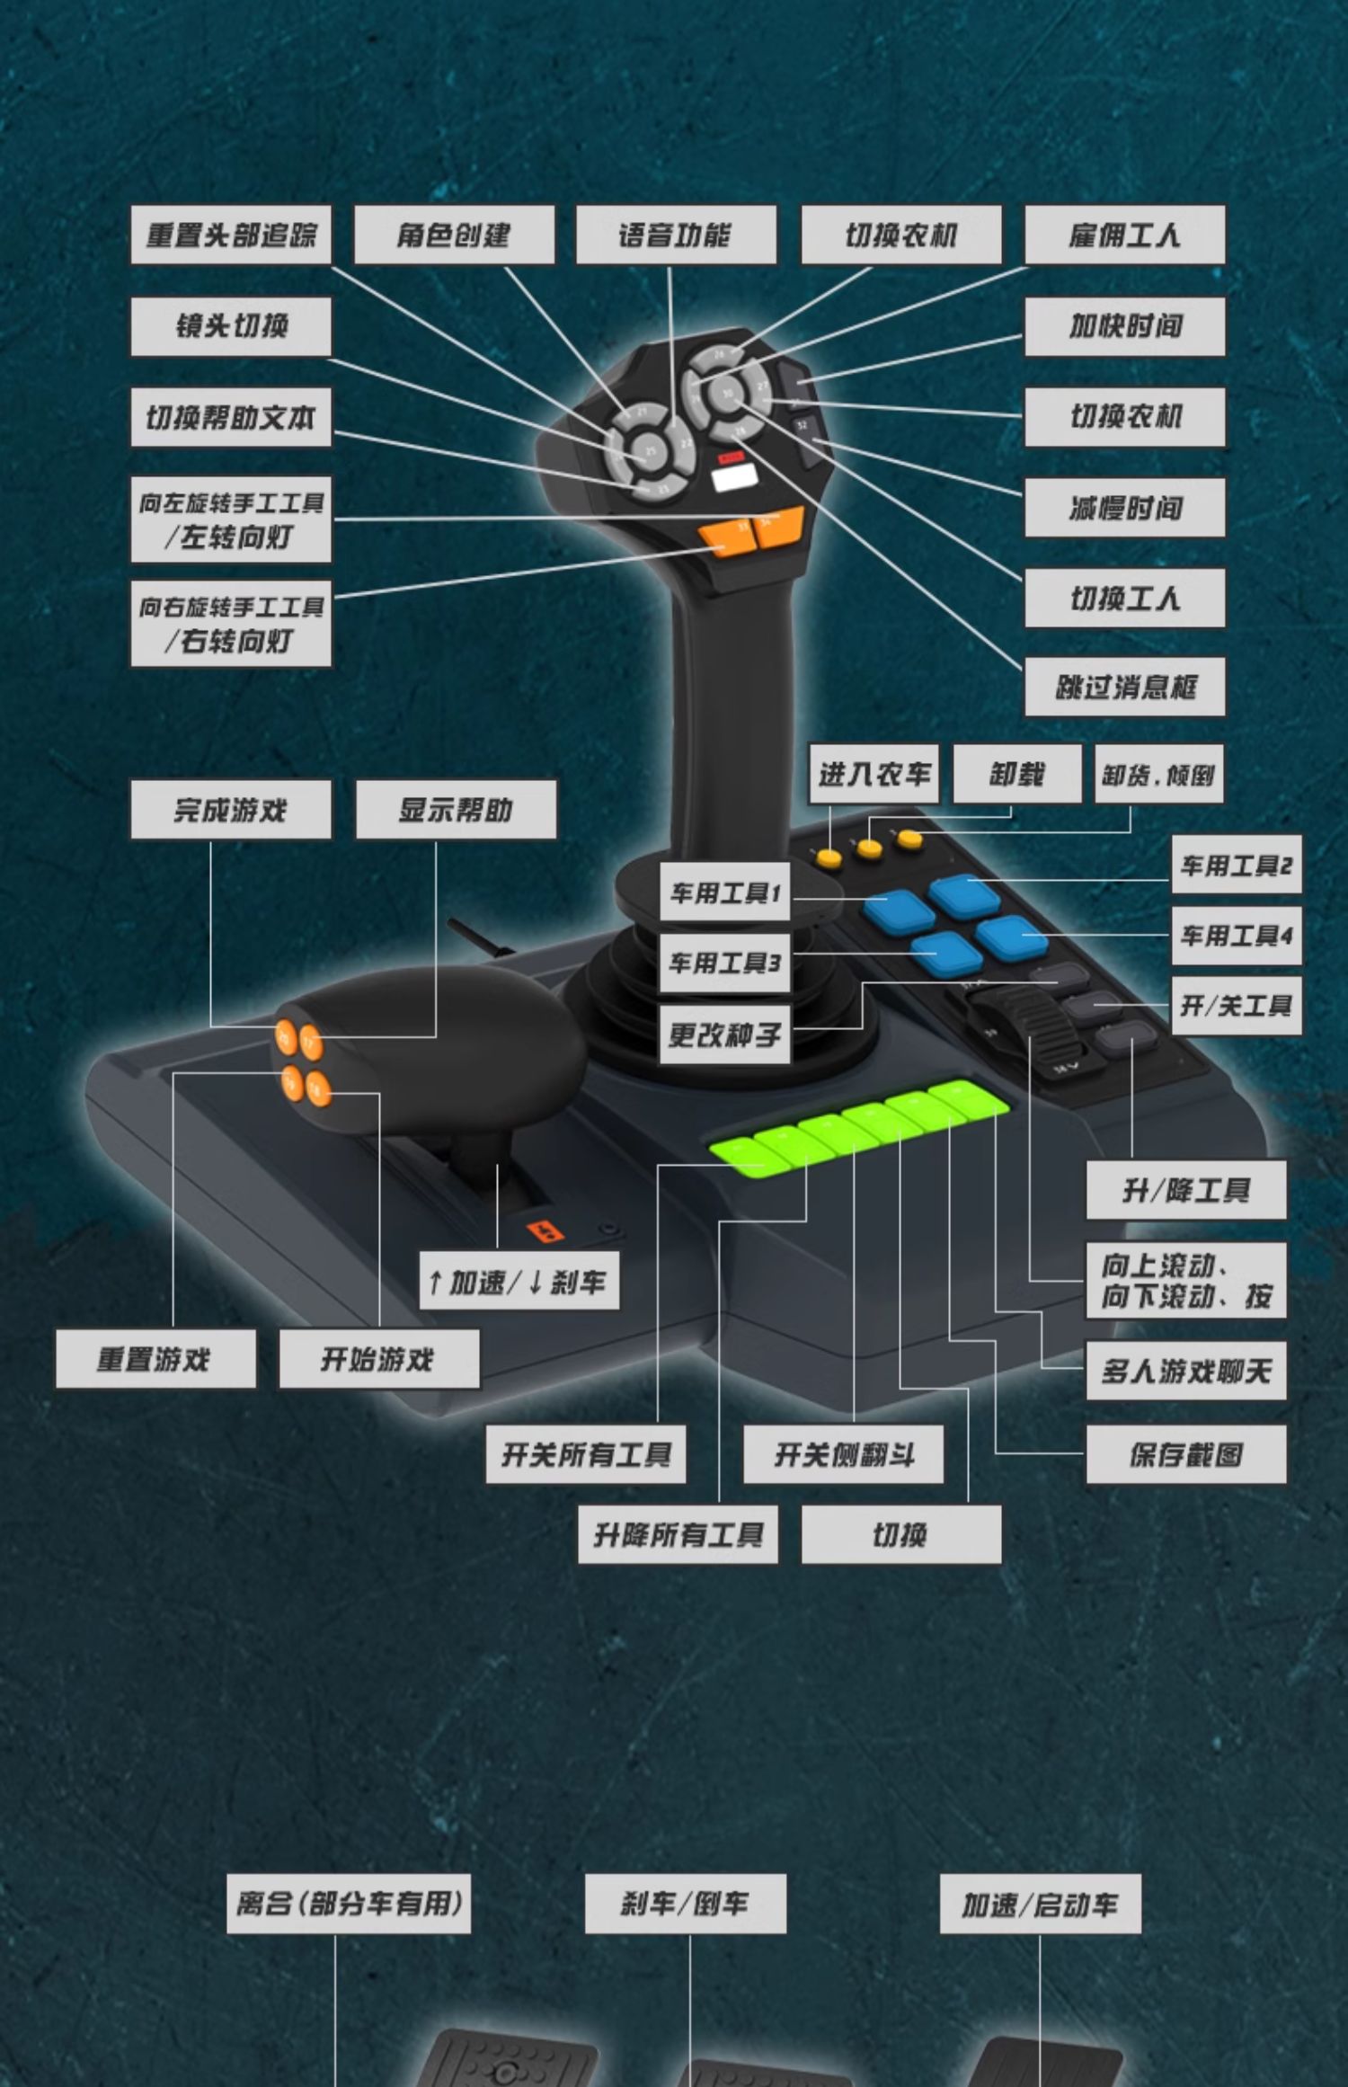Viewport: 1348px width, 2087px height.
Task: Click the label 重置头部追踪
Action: [x=231, y=235]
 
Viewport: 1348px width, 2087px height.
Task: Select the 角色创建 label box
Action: [x=454, y=235]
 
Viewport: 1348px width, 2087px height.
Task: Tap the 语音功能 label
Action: [x=676, y=235]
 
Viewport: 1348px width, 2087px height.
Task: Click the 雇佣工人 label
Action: [x=1124, y=235]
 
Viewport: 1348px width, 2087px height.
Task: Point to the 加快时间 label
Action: [x=1124, y=326]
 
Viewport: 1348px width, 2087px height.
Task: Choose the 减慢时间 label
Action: [x=1124, y=509]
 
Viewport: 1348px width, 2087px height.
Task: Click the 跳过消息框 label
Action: [x=1124, y=688]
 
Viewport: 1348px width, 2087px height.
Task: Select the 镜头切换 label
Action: [x=231, y=326]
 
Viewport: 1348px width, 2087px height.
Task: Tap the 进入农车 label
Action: [x=874, y=774]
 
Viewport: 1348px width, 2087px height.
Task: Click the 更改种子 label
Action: [x=724, y=1035]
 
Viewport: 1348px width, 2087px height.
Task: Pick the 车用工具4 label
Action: [x=1236, y=937]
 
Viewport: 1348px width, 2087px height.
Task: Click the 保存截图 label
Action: [x=1185, y=1454]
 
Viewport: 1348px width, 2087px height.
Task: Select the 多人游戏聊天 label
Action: [x=1185, y=1372]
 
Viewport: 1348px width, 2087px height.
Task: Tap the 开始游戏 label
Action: [x=378, y=1360]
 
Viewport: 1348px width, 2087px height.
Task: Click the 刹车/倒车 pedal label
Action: [x=685, y=1904]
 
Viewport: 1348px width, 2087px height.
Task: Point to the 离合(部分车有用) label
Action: [x=349, y=1904]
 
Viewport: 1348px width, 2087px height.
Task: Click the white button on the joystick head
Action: [x=733, y=477]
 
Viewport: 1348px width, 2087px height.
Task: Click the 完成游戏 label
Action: [x=231, y=810]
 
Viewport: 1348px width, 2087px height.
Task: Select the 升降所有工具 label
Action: [x=678, y=1535]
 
